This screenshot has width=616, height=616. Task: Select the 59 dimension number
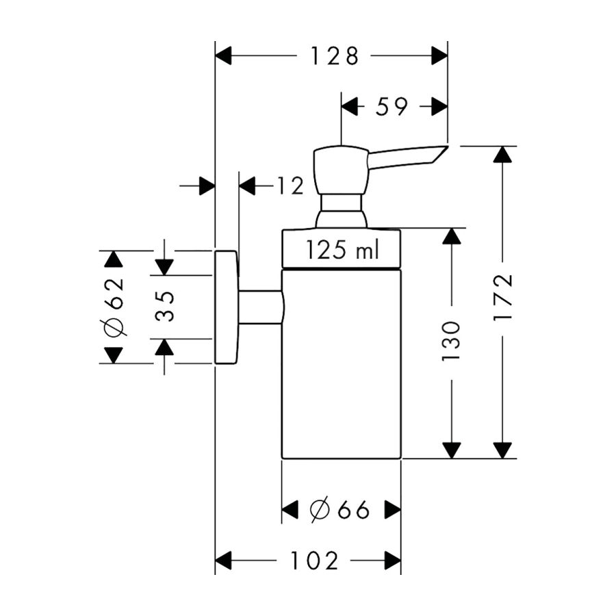(x=392, y=106)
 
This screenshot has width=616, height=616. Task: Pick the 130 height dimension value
(x=451, y=340)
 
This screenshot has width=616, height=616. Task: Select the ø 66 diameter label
(x=339, y=509)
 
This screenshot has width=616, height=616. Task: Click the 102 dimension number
(x=313, y=561)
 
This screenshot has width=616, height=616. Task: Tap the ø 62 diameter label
(x=114, y=307)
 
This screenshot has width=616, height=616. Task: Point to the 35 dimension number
(x=164, y=307)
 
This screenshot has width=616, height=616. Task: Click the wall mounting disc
(x=227, y=307)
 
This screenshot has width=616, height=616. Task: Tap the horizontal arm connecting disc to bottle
(x=260, y=307)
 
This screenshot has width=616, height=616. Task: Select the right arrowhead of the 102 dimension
(x=392, y=561)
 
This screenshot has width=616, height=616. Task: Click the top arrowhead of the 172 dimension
(x=503, y=154)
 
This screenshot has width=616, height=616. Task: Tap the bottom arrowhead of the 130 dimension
(x=451, y=450)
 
